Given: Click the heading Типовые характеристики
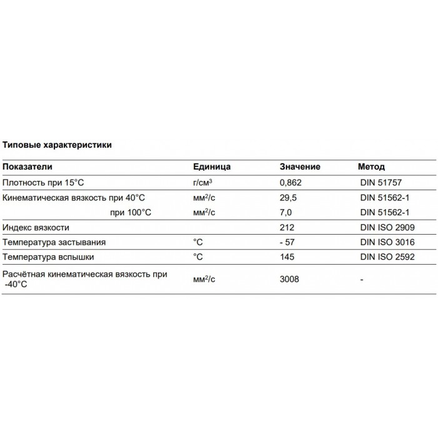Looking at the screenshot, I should coord(58,145).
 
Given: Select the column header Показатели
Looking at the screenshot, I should coord(28,167).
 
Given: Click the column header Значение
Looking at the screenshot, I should coord(300,167).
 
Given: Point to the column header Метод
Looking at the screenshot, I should coord(371,167).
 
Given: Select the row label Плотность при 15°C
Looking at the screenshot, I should coord(43,183).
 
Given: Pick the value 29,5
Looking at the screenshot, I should coord(288,198).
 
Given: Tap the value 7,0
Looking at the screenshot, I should coord(285,212).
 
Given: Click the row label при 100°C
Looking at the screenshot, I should coord(130,212).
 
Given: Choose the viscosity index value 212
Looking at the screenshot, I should coord(287,227).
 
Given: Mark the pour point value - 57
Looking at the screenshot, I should coord(288,242).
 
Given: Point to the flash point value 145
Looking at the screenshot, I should coord(287,257).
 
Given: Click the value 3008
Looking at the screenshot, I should coord(290,279).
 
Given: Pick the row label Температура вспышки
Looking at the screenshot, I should coord(51,257).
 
